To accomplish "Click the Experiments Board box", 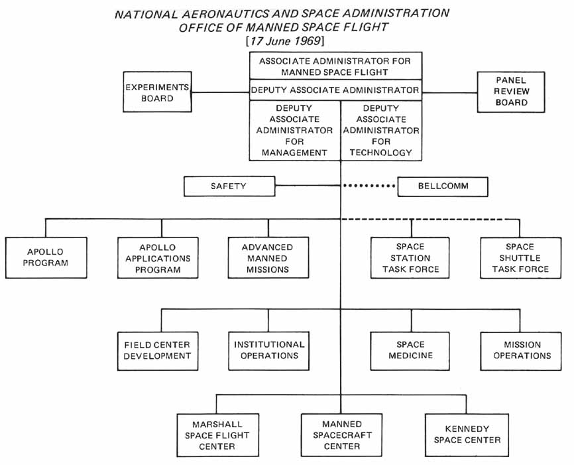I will pos(157,92).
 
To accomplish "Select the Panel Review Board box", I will pos(511,92).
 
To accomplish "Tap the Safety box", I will pos(229,186).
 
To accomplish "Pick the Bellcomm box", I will pos(443,186).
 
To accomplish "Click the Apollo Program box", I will pos(46,258).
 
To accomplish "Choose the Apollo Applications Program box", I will pos(157,258).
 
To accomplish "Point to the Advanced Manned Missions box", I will pos(267,258).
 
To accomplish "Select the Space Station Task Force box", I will pos(410,258).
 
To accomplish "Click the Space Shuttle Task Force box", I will pos(520,258).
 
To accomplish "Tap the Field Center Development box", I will pos(157,350).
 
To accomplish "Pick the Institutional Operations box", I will pos(269,350).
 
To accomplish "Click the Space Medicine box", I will pos(410,350).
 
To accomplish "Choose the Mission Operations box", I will pos(522,350).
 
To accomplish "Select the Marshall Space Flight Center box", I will pos(217,435).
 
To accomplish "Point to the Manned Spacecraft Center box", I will pos(342,435).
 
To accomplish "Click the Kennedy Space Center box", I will pos(467,435).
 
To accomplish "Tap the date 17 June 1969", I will pos(285,41).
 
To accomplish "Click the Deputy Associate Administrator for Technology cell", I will pos(381,131).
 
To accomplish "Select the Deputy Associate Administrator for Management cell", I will pos(294,131).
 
